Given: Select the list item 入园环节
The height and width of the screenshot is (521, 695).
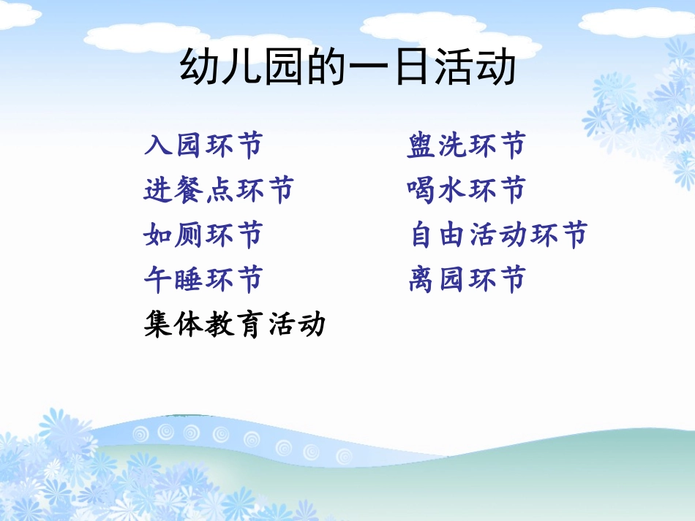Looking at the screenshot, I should tap(203, 146).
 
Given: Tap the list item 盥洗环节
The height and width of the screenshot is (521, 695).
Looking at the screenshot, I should tap(466, 146).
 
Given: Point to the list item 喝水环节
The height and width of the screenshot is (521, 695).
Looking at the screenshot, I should tap(466, 191).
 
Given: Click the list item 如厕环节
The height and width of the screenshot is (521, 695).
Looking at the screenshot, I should tap(203, 235).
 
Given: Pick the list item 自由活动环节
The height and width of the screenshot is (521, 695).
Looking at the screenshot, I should tap(499, 235).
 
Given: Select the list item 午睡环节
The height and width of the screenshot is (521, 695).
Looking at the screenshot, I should tap(203, 279).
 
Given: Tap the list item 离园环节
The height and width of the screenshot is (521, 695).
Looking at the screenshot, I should tap(467, 279).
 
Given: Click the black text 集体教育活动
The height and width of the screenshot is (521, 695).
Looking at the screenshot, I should tap(234, 324).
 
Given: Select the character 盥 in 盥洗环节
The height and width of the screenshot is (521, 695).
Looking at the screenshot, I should tap(422, 146).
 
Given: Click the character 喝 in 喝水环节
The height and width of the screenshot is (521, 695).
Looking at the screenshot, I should tap(422, 191).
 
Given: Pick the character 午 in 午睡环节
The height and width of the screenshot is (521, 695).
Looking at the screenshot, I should tap(159, 279).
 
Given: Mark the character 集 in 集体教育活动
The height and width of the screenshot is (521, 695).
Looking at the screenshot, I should tap(159, 324).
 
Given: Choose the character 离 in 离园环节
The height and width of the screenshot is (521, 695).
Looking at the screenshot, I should tap(423, 279).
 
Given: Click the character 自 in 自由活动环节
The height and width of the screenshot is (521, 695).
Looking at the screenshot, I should tap(424, 235).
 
